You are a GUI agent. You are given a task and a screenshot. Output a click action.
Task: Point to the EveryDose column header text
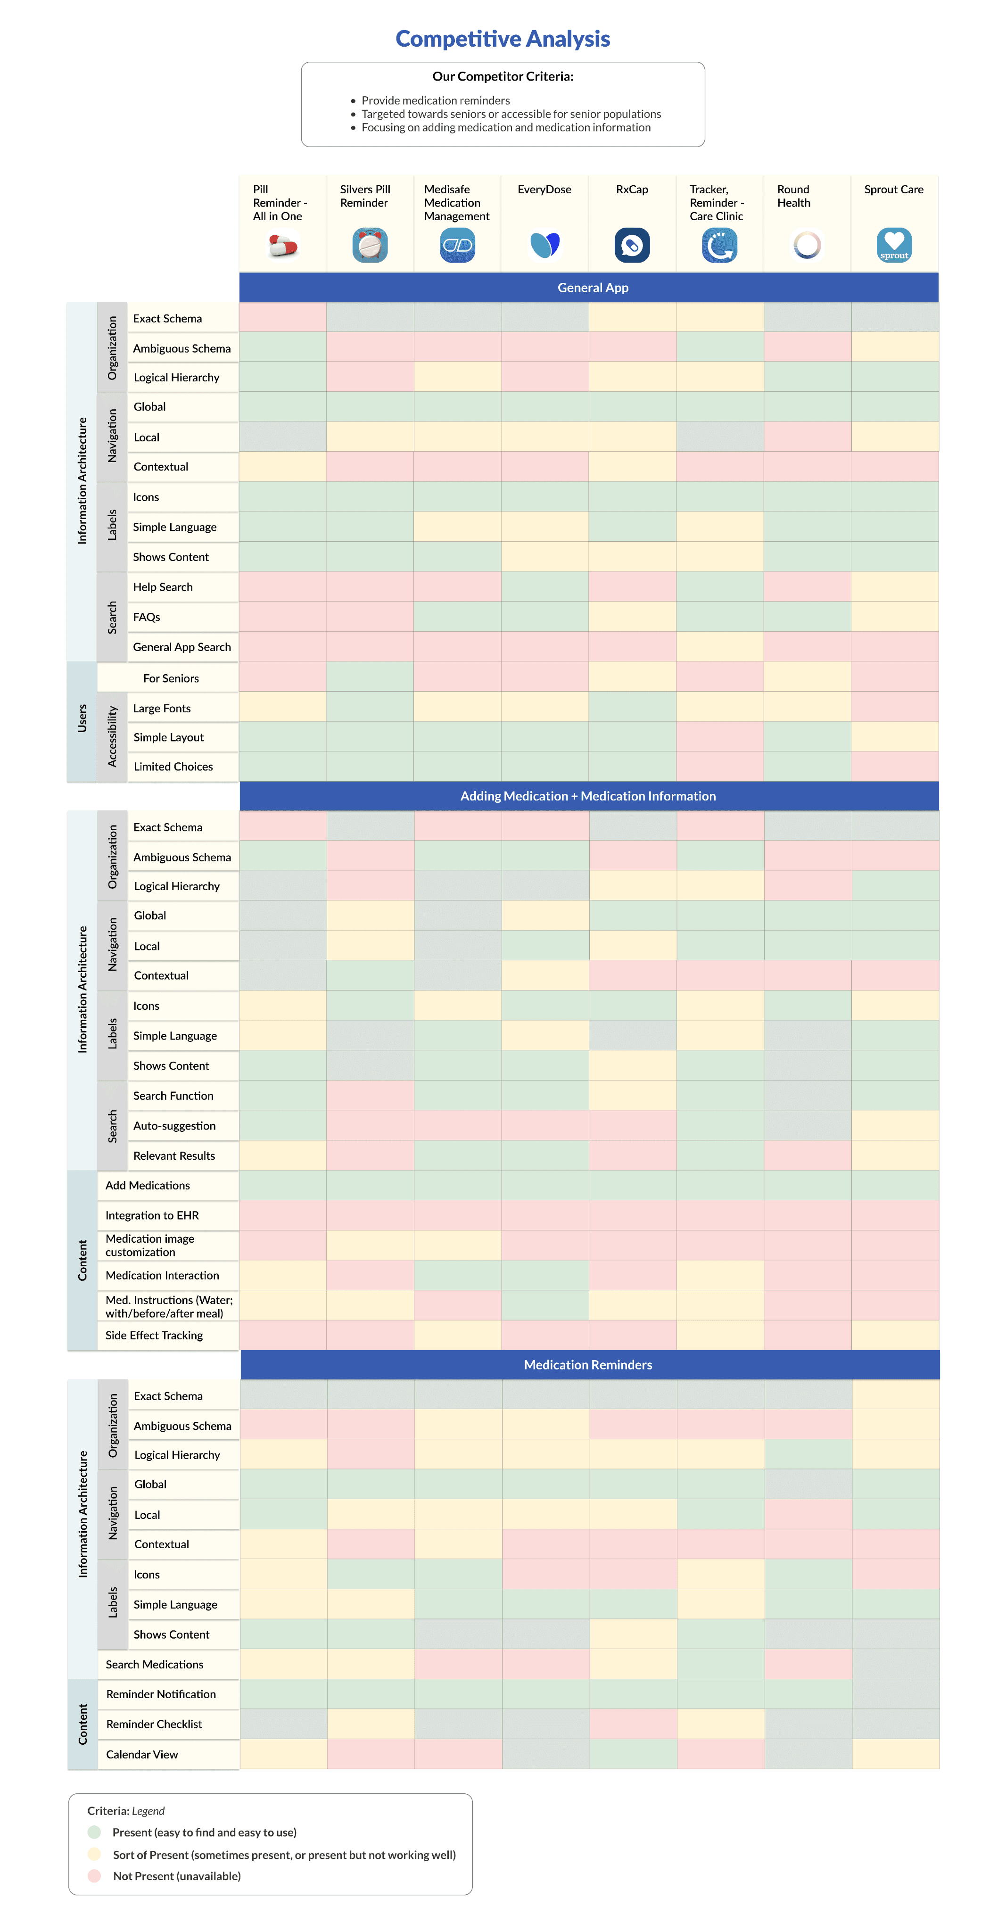[x=544, y=190]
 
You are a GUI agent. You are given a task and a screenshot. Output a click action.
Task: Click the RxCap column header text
[x=632, y=190]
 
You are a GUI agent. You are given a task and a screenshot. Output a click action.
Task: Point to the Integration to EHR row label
[x=152, y=1215]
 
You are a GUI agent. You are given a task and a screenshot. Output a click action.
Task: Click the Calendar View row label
[x=142, y=1754]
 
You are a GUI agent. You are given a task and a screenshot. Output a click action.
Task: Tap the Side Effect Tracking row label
[x=155, y=1335]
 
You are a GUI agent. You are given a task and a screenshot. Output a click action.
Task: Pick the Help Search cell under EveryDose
[x=545, y=587]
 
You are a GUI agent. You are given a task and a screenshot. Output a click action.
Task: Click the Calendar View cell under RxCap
[x=634, y=1754]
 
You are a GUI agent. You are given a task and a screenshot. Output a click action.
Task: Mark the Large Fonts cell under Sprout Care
[x=895, y=707]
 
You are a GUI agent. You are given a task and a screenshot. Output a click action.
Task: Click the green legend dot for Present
[x=94, y=1832]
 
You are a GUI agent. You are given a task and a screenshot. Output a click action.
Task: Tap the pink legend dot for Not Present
[x=94, y=1875]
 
